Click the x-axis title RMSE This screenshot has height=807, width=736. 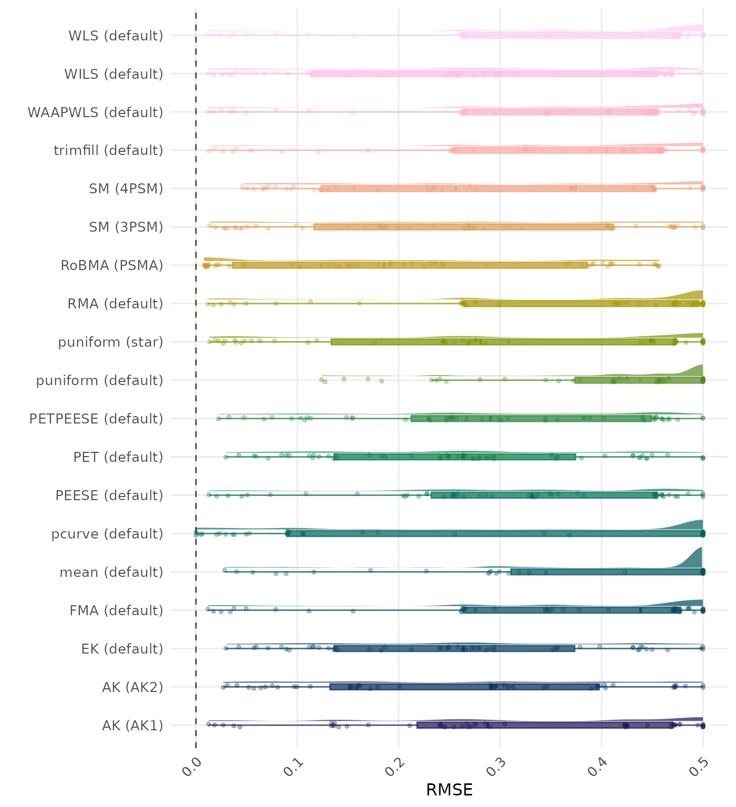pos(449,790)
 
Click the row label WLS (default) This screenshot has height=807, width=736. pos(116,36)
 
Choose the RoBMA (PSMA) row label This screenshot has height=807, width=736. pos(111,265)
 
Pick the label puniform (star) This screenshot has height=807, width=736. pos(110,342)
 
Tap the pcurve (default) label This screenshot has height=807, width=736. pos(107,534)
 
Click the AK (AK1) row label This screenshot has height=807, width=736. pos(132,726)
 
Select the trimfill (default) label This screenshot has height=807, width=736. pos(108,150)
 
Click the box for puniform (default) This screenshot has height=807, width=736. pos(639,380)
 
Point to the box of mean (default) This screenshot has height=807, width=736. pos(607,572)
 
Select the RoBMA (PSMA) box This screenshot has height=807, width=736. pos(410,265)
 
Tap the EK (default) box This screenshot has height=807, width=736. pos(454,648)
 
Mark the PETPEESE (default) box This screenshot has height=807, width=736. pos(531,418)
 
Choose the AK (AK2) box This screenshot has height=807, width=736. pos(464,687)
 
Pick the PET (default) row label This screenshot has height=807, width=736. pos(118,457)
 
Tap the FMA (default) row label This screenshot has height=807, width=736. pos(116,611)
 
